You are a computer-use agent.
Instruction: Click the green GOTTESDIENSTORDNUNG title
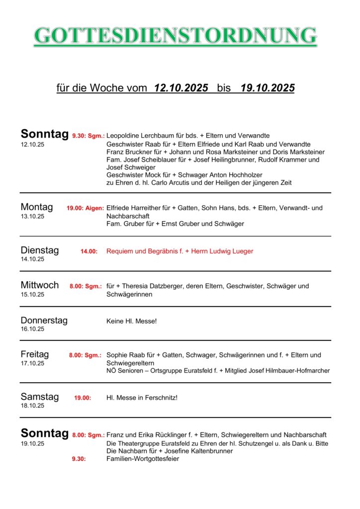tap(175, 36)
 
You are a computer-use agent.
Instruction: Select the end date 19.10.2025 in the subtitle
tap(268, 88)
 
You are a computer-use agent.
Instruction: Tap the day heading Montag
tap(36, 207)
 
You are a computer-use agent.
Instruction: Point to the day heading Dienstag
tap(39, 250)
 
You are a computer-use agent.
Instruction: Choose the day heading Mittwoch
tap(39, 285)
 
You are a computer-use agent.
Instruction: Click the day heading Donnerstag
tap(44, 320)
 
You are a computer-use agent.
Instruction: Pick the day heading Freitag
tap(35, 354)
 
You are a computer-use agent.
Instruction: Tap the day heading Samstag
tap(39, 397)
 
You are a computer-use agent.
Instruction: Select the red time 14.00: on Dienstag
tap(89, 252)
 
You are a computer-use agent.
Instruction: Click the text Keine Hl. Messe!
tap(131, 321)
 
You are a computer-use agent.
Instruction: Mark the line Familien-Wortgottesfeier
tap(143, 459)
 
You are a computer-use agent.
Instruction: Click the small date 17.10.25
tap(32, 363)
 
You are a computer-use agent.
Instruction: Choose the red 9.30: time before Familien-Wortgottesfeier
tap(79, 459)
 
